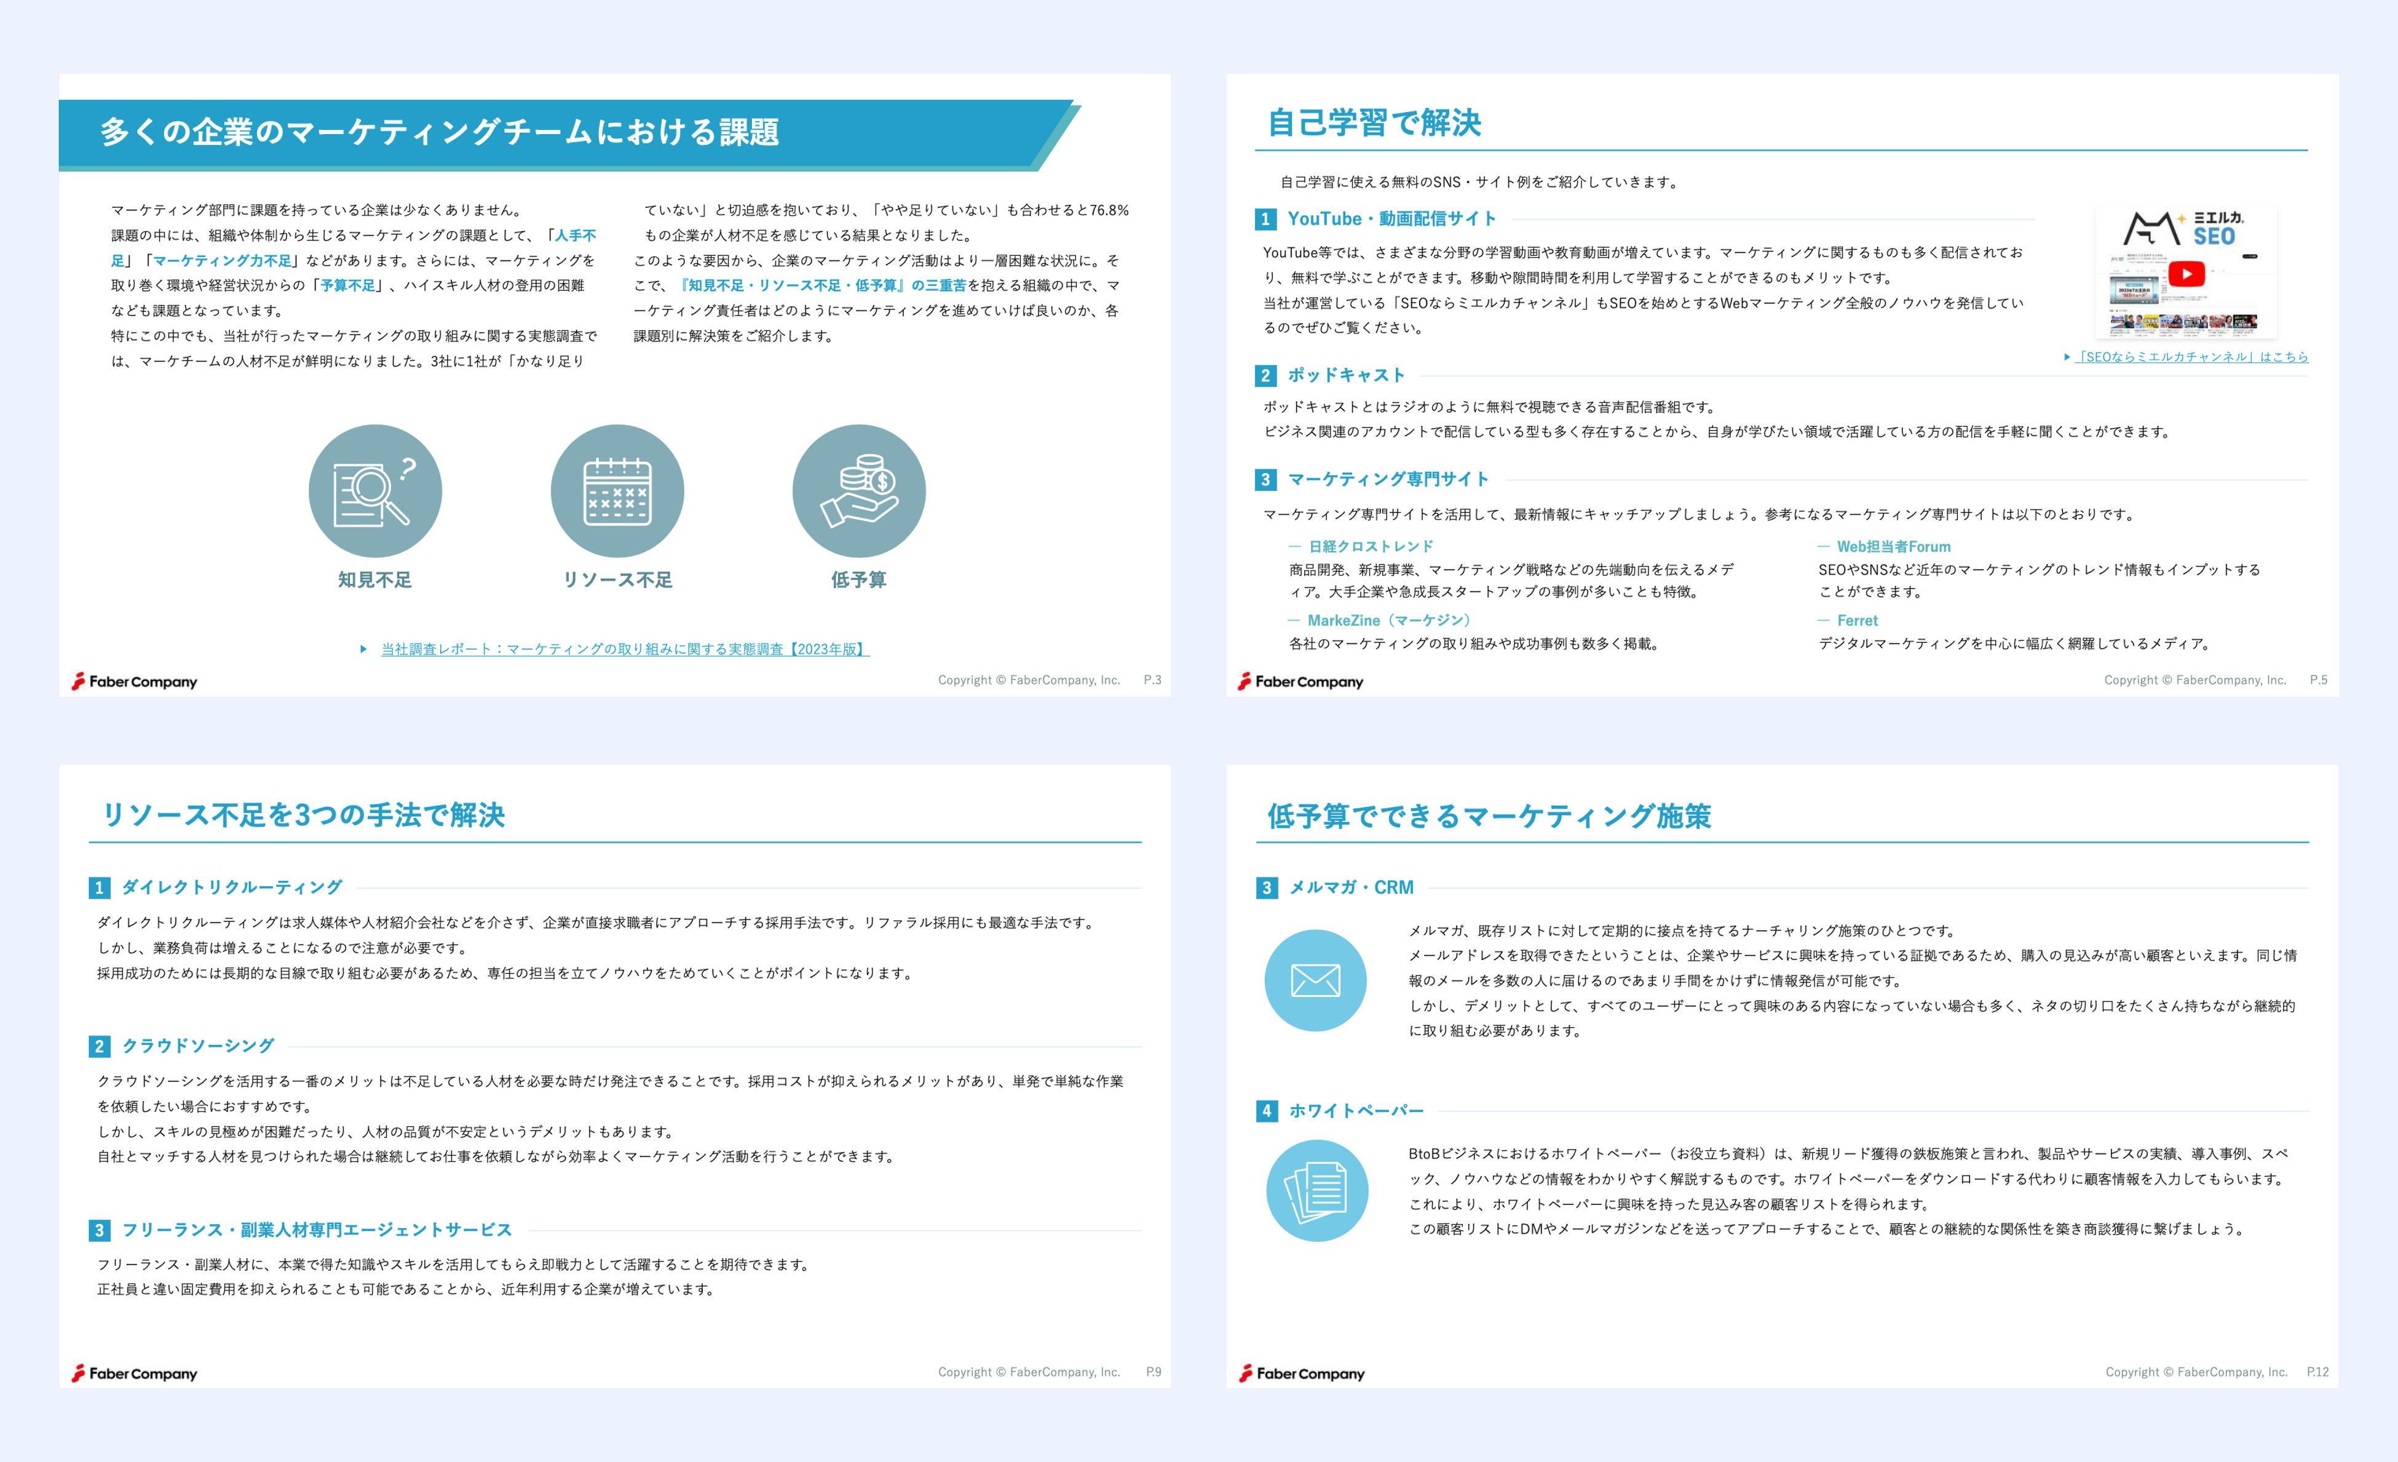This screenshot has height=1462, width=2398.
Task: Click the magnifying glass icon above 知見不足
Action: point(374,491)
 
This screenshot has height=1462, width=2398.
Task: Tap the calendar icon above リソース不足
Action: point(617,491)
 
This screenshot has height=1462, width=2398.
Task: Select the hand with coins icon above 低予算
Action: point(858,491)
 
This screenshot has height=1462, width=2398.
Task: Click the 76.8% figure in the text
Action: point(1109,210)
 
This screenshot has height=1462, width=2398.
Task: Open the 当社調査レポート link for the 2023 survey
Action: point(625,650)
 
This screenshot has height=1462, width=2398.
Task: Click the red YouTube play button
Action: point(2186,274)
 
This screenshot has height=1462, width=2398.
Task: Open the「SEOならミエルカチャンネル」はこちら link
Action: point(2191,357)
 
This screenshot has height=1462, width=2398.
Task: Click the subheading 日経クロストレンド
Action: point(1371,547)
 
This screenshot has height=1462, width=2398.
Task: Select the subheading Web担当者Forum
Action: point(1893,547)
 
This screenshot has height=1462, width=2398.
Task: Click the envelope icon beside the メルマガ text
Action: point(1315,980)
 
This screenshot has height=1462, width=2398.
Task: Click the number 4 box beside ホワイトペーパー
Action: point(1266,1111)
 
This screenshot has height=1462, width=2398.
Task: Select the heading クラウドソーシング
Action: point(199,1046)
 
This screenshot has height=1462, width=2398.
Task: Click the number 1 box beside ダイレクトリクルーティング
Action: point(99,888)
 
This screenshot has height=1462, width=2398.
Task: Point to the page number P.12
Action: point(2317,1372)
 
